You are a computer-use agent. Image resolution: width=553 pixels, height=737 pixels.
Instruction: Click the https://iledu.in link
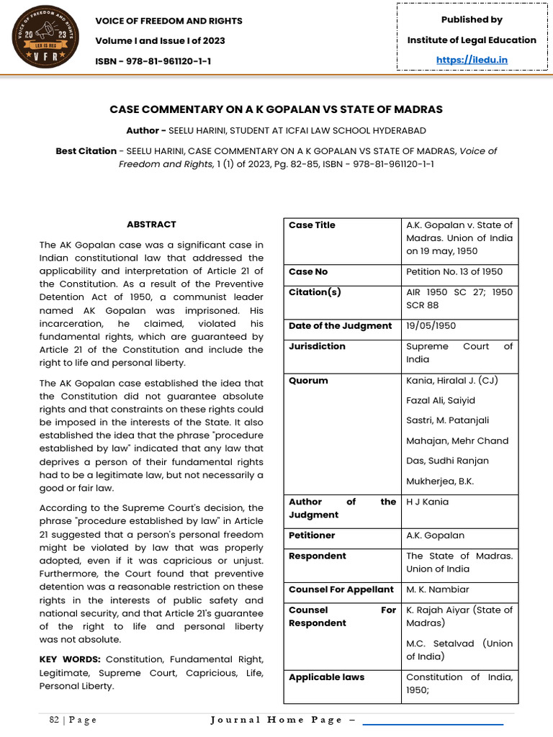472,60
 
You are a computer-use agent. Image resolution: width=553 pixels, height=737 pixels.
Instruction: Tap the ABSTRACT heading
151,225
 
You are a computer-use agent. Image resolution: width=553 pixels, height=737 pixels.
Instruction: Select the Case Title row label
312,225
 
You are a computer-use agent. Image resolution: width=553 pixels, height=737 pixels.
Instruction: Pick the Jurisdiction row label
317,346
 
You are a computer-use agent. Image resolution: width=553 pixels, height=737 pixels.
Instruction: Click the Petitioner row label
312,535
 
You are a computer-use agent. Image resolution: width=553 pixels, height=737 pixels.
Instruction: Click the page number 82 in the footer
55,720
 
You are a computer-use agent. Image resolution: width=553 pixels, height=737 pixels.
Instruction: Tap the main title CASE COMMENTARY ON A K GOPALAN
276,109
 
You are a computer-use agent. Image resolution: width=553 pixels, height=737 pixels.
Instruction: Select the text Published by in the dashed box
472,19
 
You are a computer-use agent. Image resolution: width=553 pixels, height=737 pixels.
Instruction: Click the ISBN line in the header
153,60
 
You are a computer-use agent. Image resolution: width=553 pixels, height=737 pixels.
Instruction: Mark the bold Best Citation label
86,151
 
